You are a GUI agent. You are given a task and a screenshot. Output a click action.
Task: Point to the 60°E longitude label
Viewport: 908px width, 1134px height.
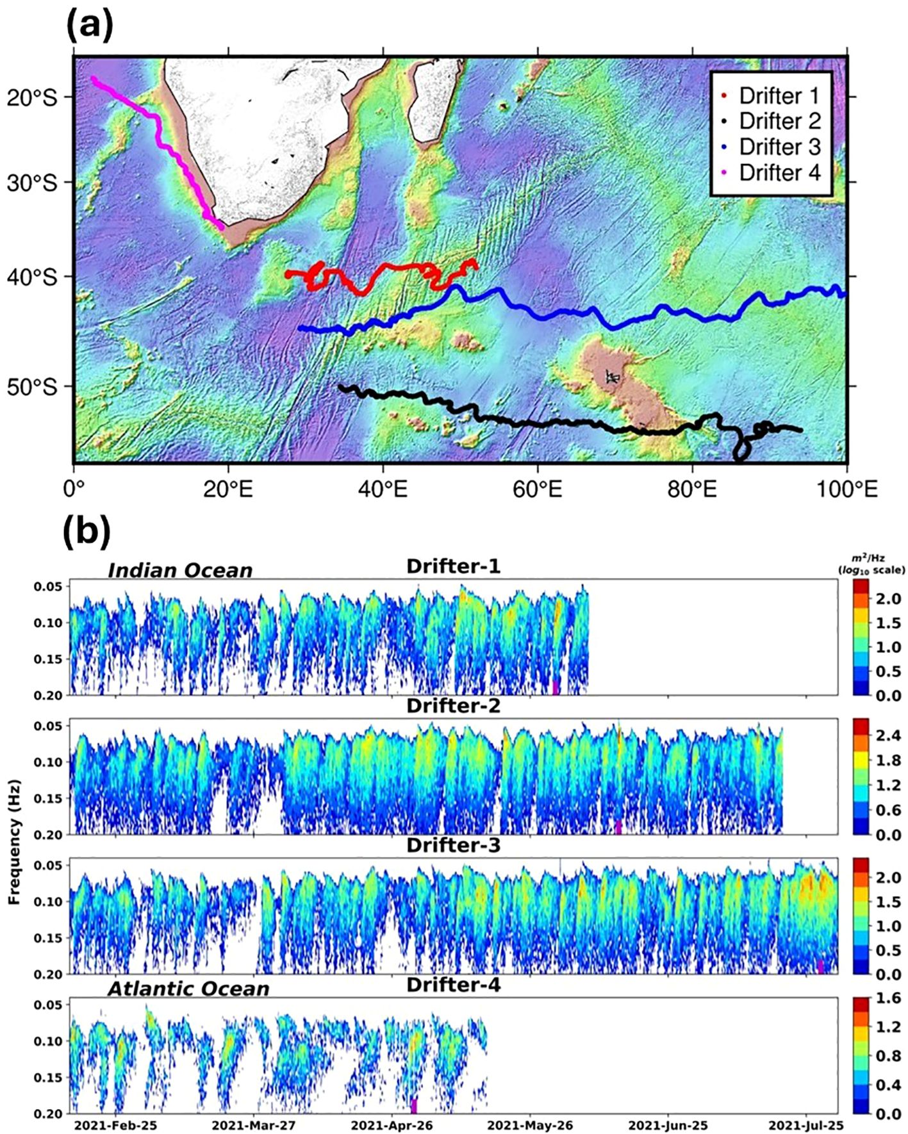(537, 489)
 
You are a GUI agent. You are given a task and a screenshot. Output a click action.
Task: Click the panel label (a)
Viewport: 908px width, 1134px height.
(90, 27)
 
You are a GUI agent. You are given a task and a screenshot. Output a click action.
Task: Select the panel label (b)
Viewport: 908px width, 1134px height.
(87, 531)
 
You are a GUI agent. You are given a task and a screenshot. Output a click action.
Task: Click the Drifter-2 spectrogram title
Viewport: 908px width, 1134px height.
(453, 705)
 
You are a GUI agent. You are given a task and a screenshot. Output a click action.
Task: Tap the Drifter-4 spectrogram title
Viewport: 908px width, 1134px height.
(453, 984)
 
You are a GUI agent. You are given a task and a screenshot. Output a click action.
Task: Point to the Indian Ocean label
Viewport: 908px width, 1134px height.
(180, 570)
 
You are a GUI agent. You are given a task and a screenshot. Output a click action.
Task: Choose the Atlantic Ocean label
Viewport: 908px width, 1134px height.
(188, 989)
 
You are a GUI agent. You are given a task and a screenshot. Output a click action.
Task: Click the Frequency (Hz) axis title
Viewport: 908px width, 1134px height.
(14, 841)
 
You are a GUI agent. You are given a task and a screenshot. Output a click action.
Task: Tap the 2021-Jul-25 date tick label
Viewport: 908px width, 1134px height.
(806, 1125)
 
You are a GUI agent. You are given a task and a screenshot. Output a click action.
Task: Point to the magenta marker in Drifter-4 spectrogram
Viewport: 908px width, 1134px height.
(414, 1105)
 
